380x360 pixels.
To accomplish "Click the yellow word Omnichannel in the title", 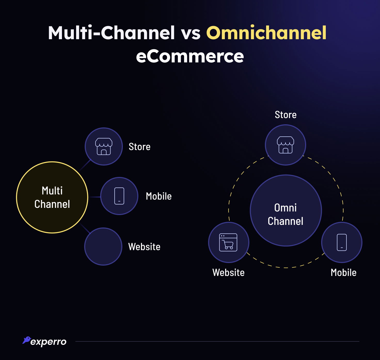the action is coord(266,33).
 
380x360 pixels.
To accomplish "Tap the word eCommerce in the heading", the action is coord(190,56).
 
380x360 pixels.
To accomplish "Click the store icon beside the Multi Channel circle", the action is coord(104,146).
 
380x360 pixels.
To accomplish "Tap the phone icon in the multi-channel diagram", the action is coord(119,196).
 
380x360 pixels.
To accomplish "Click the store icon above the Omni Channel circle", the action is coord(286,145).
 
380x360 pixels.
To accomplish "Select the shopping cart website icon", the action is coord(228,242).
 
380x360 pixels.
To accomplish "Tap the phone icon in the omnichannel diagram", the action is coord(342,242).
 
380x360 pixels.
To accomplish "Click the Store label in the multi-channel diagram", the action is coord(140,146).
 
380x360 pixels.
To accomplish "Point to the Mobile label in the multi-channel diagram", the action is coord(159,196).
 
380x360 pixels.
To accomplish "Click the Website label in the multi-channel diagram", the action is coord(144,247).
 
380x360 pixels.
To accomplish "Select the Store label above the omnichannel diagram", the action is coord(286,115).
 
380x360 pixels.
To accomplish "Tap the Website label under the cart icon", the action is coord(228,273).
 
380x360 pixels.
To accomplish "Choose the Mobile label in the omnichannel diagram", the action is coord(343,273).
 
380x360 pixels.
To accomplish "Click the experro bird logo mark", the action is coord(27,340).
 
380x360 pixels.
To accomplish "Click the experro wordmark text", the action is coord(48,342).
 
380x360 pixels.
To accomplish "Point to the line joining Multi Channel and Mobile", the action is coord(94,197).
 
